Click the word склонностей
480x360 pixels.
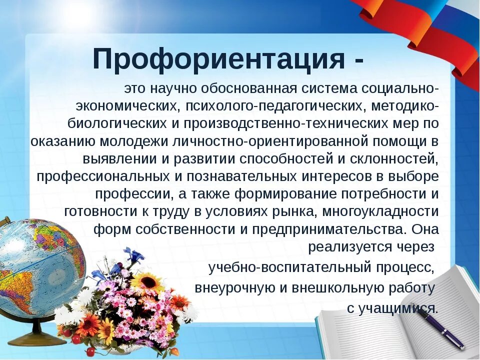398,159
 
